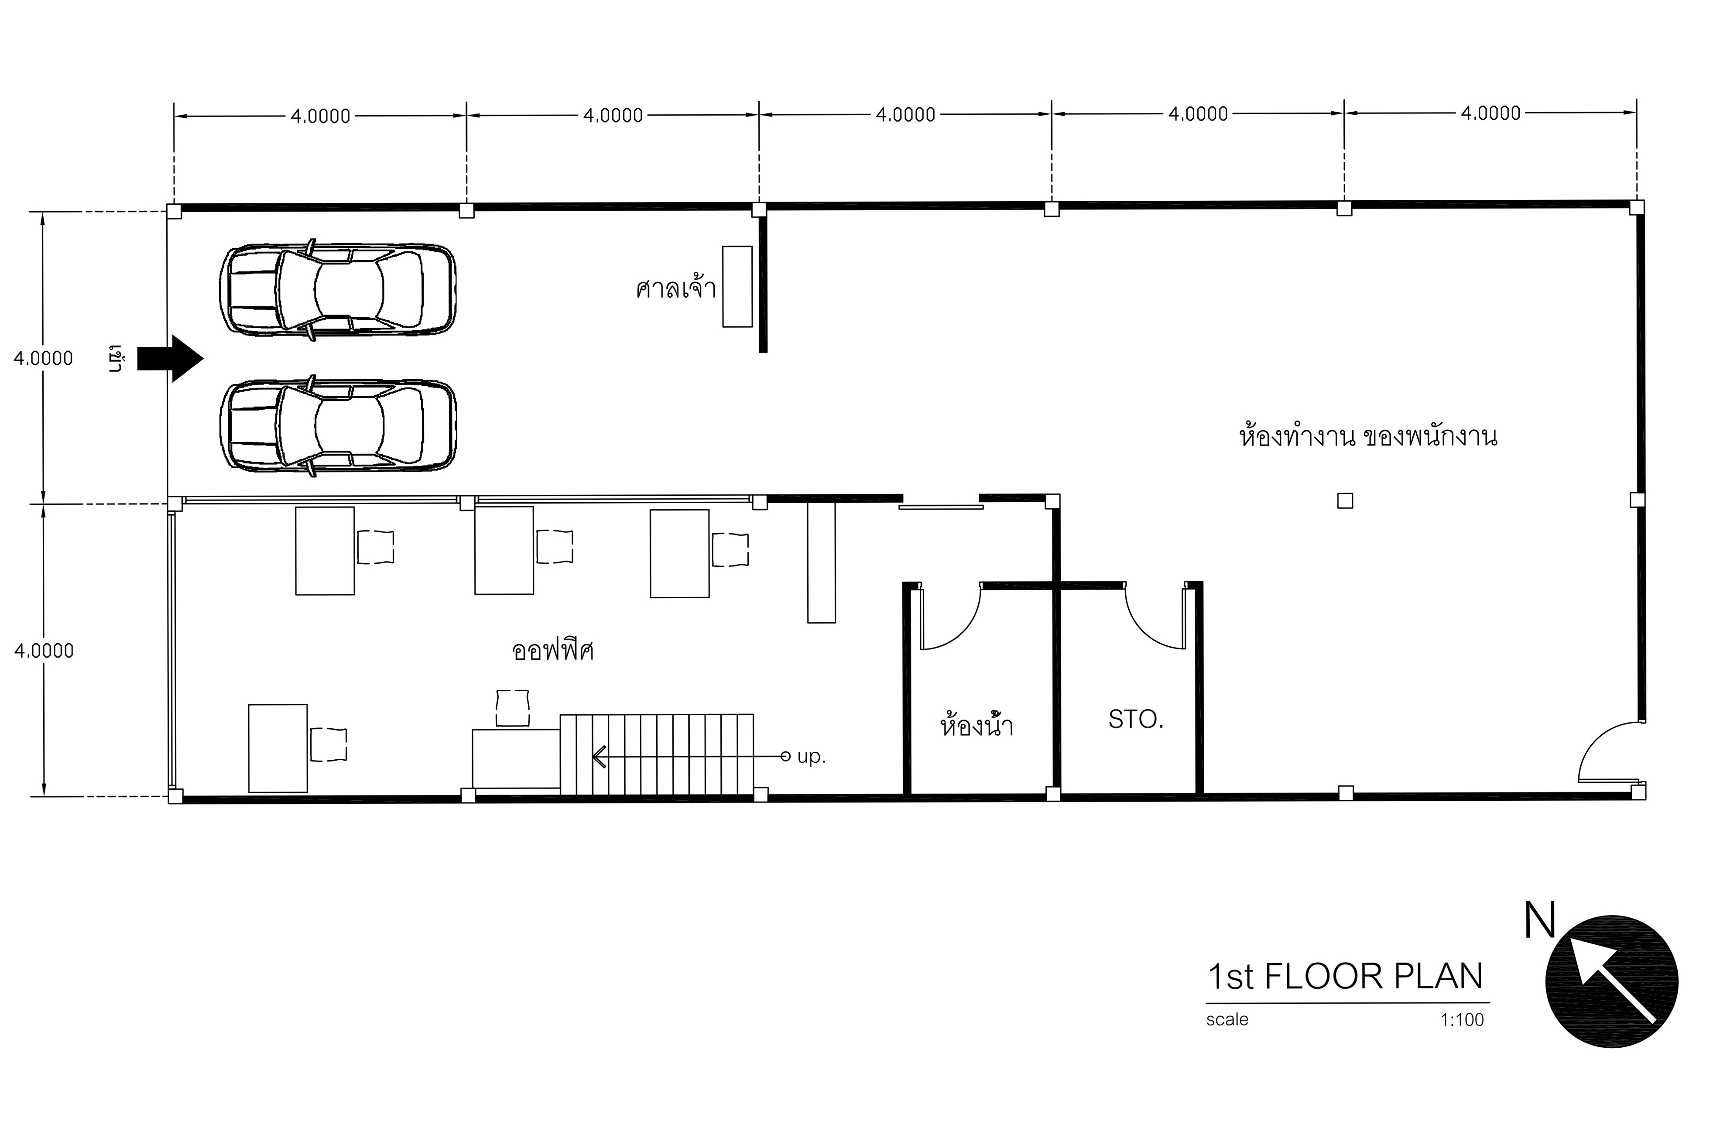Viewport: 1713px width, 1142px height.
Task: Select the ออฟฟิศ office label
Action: point(553,650)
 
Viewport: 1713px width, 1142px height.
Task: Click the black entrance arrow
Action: point(170,358)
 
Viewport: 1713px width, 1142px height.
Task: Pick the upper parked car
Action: point(338,289)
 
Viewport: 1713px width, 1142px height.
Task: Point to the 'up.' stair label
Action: point(811,757)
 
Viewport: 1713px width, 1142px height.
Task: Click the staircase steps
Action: point(657,754)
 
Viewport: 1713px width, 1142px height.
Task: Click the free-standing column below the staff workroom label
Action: point(1345,501)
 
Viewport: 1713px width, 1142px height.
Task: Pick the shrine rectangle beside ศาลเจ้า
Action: point(737,286)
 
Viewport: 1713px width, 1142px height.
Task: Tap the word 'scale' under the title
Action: point(1227,1020)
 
